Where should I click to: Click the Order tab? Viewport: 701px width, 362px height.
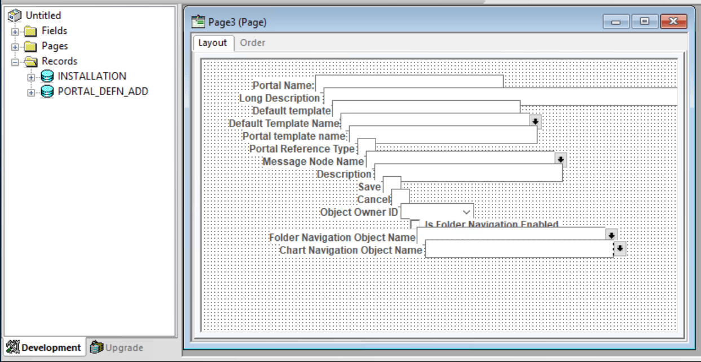pos(252,43)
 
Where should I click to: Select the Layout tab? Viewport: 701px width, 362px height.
pos(213,43)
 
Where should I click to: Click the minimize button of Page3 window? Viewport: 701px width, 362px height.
pos(616,22)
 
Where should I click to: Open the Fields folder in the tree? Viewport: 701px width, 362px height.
pos(54,31)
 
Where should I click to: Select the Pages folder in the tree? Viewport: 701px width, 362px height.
pos(54,46)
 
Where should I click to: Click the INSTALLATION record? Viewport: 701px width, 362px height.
pos(91,76)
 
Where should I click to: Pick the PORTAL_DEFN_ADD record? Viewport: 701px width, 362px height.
pos(103,91)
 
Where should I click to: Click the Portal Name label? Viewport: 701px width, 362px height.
pos(283,86)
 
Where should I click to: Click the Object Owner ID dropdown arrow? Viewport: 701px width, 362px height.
pos(466,212)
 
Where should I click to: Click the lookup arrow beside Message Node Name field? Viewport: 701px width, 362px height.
pos(560,160)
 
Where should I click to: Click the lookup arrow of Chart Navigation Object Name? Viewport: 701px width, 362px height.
pos(620,248)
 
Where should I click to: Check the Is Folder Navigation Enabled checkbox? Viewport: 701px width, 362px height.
pos(415,224)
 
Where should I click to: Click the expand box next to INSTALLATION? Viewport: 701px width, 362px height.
pos(31,77)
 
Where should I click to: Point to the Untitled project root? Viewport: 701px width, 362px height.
pos(43,15)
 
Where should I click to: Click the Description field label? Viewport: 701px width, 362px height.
pos(343,175)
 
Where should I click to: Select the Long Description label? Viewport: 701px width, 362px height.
pos(280,99)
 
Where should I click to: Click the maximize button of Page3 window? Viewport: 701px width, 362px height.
pos(644,22)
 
